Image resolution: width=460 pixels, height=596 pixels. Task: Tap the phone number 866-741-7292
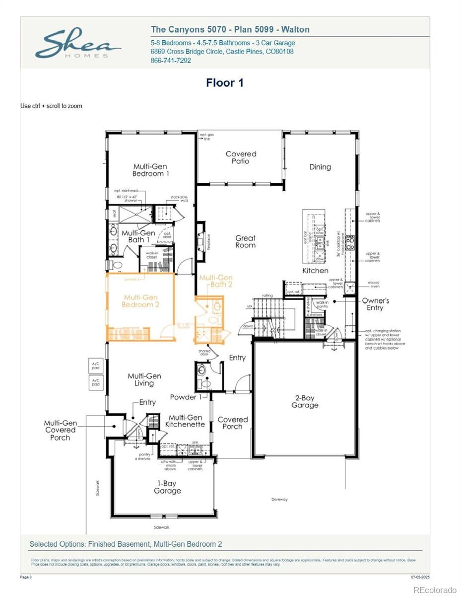point(171,61)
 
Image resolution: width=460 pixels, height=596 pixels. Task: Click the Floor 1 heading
point(225,83)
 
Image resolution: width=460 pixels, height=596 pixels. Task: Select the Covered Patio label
point(241,157)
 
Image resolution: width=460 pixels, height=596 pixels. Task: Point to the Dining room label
point(320,167)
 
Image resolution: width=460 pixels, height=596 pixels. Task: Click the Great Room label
point(246,241)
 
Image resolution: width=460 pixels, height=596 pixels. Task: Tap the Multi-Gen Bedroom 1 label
point(150,170)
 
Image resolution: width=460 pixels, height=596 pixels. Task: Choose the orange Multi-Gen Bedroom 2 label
point(140,301)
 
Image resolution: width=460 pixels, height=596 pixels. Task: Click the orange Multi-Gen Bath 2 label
point(216,281)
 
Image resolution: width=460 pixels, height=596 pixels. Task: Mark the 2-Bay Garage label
point(305,402)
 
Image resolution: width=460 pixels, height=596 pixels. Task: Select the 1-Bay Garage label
point(167,487)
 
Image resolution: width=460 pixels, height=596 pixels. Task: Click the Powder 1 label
point(186,397)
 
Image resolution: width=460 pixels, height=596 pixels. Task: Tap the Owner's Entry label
point(375,304)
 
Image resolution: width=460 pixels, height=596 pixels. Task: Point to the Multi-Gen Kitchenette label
point(186,421)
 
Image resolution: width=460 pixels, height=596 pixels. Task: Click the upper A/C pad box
point(95,365)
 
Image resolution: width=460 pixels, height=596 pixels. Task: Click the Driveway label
point(279,499)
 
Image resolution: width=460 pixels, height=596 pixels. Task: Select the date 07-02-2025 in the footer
point(420,577)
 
